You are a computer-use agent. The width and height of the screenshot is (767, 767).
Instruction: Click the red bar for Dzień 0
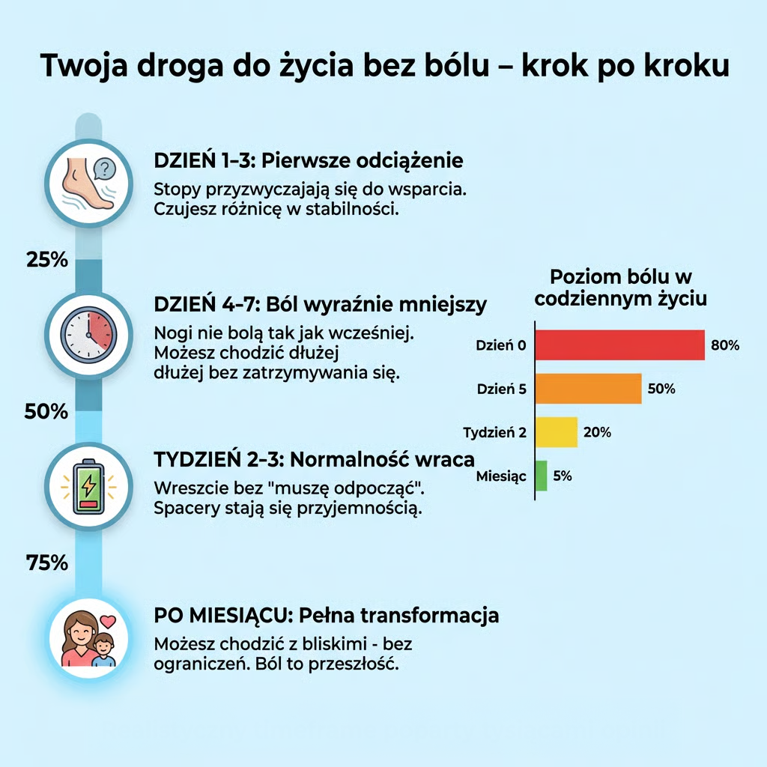620,345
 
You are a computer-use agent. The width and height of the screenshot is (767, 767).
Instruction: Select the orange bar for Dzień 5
589,389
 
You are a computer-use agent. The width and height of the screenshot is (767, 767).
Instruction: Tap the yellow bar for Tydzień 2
557,432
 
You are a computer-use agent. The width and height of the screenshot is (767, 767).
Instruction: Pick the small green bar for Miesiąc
542,476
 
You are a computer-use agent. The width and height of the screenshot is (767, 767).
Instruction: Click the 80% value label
725,345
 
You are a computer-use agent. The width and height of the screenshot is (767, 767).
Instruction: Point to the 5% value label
562,476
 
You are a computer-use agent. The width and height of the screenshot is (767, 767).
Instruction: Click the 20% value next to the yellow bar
597,432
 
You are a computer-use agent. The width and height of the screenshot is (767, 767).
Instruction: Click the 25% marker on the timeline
47,260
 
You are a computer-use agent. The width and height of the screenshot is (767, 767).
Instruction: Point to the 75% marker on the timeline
47,563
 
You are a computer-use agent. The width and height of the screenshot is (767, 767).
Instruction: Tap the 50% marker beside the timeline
46,411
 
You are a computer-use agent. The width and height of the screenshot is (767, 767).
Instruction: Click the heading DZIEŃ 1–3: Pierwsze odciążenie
308,161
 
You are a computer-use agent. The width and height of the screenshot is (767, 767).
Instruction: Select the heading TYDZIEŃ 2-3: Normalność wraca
314,458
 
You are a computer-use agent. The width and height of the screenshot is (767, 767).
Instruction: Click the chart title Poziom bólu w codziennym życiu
621,287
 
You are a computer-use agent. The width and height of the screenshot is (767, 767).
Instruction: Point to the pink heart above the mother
109,621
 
